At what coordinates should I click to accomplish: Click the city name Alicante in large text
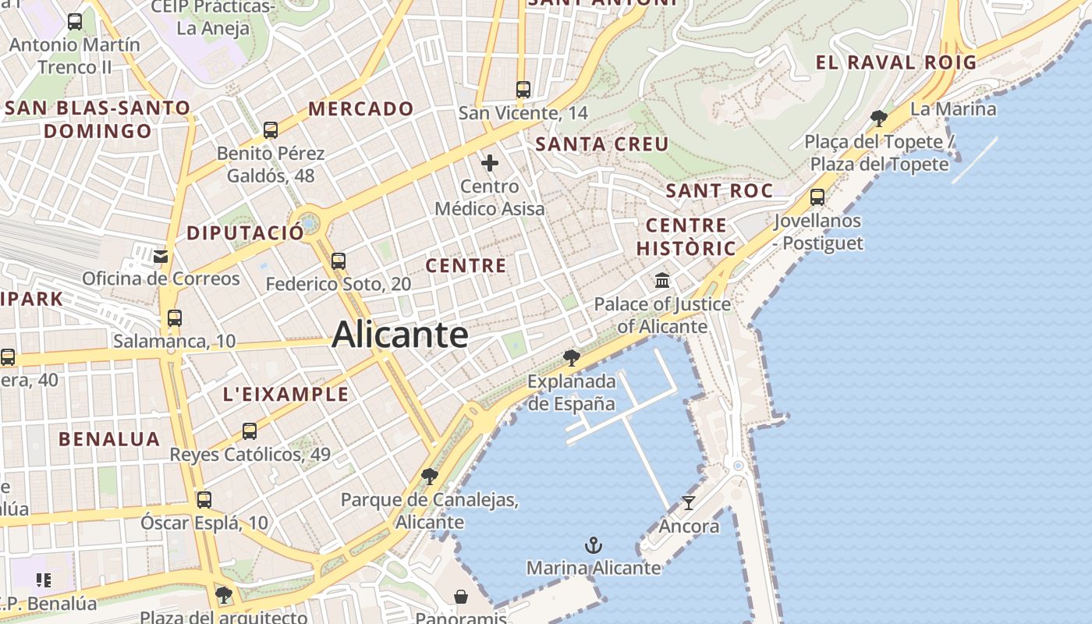400,335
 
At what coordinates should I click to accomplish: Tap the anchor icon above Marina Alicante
594,544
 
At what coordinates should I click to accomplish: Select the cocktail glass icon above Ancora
688,503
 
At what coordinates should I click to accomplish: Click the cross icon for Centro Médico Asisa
490,163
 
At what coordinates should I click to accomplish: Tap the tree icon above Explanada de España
572,358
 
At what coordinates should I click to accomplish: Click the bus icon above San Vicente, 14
523,90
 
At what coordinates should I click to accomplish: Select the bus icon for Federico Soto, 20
339,261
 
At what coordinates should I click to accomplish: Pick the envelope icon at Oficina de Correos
161,256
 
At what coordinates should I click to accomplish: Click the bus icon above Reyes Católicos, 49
250,431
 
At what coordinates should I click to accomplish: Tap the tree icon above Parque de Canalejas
429,476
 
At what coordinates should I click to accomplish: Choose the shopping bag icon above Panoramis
462,597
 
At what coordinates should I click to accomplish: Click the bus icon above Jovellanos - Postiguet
817,197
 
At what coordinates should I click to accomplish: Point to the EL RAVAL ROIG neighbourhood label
896,63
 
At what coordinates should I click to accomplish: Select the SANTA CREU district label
602,144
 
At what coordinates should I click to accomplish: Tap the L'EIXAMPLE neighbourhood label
286,395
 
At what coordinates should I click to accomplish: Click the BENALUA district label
109,439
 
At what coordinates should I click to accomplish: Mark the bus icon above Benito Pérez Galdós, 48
271,130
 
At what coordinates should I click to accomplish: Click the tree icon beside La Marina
879,119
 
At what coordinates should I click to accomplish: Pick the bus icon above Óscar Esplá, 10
204,500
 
